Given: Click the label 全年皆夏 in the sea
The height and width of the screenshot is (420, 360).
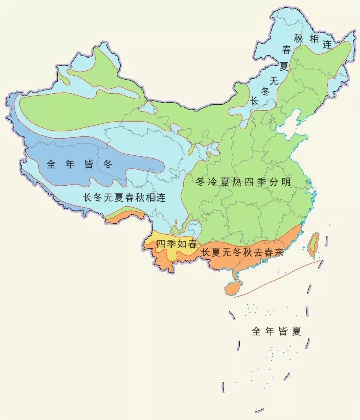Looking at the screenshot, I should click(x=277, y=331).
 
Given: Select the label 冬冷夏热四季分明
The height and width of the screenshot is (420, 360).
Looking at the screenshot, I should click(x=243, y=182).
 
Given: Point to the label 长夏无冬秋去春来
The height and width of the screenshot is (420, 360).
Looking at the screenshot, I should click(x=242, y=253).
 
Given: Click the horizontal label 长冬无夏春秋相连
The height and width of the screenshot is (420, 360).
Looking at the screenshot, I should click(x=124, y=197).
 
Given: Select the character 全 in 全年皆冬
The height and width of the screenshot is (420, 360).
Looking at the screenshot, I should click(x=51, y=164).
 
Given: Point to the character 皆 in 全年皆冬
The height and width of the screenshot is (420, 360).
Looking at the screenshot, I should click(x=89, y=164).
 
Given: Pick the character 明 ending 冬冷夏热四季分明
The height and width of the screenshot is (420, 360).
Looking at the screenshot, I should click(x=286, y=182).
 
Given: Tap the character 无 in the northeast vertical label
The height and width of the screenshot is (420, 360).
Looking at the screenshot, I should click(x=274, y=80).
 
